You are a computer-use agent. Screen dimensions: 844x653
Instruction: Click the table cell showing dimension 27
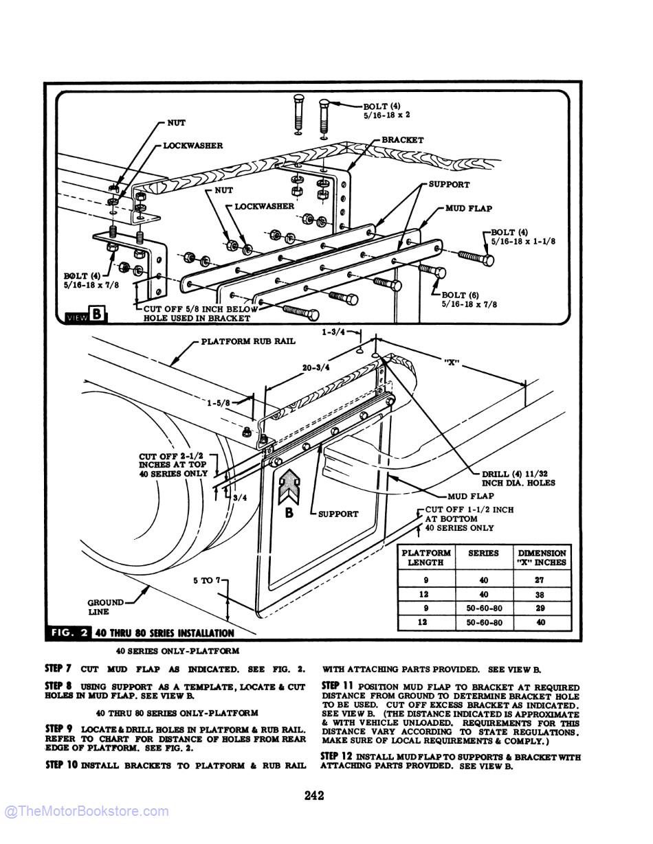[x=542, y=580]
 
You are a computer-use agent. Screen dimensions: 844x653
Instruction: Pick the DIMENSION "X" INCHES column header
[x=542, y=557]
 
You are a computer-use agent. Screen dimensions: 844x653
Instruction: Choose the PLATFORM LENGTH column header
[x=425, y=557]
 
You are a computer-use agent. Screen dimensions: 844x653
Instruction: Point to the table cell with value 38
[x=542, y=595]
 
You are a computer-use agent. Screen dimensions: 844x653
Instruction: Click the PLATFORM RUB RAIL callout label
[x=248, y=341]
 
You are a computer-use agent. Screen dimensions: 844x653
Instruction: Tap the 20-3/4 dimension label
[x=316, y=367]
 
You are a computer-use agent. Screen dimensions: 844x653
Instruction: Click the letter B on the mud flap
[x=289, y=512]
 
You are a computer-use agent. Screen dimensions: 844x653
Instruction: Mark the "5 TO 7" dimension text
[x=206, y=580]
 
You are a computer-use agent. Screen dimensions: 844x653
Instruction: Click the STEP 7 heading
[x=58, y=668]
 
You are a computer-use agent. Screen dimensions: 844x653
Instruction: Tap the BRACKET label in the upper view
[x=402, y=139]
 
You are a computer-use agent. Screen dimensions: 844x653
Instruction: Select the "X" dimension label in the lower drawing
[x=451, y=362]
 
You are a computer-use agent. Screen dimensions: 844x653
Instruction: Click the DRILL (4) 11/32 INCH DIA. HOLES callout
[x=518, y=478]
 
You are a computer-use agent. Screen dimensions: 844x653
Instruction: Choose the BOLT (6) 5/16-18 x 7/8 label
[x=469, y=299]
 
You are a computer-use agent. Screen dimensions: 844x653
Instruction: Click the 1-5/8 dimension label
[x=219, y=403]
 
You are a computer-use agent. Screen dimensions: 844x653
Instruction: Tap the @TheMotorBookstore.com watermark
[x=86, y=811]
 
